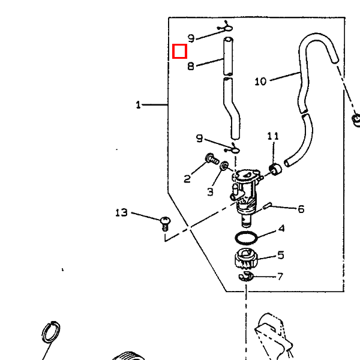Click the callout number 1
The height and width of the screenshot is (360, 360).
138,104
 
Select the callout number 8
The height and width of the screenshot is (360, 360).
191,66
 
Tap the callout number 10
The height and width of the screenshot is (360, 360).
260,81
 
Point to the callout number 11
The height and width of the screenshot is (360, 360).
273,136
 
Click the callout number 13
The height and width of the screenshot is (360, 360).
121,212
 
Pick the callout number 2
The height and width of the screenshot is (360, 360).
187,179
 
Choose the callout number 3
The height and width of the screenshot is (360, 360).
211,192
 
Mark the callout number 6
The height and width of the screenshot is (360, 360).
301,209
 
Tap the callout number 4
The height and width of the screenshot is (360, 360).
281,229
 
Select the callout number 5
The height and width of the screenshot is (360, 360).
281,255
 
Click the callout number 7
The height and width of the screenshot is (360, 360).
280,277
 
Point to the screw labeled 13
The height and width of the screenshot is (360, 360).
166,223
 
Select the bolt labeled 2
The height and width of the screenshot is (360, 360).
212,158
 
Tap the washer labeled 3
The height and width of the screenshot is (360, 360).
224,166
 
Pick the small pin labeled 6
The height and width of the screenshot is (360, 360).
267,205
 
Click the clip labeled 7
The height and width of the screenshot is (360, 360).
245,276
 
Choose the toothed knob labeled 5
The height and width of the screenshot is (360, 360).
246,258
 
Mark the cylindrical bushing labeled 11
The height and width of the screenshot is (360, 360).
275,169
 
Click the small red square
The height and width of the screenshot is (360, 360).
179,51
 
